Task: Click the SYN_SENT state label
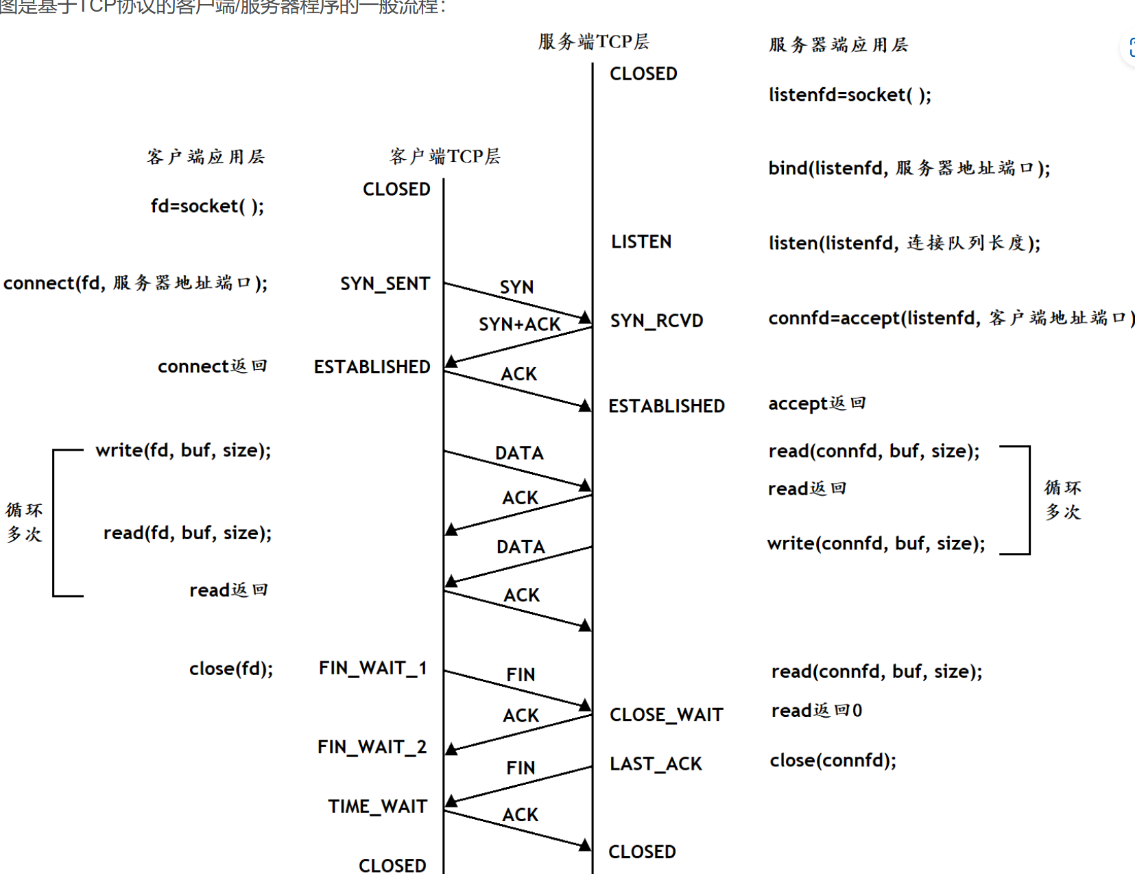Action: click(x=385, y=284)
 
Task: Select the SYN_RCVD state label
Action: click(x=656, y=321)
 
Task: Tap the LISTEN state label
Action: click(x=641, y=242)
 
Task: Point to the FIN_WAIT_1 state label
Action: click(x=372, y=668)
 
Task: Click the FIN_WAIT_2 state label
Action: click(x=372, y=747)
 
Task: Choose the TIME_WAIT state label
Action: click(x=377, y=807)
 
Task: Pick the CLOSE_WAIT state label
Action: click(x=666, y=715)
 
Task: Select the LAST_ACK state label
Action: click(x=656, y=764)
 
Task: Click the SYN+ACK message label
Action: click(x=519, y=324)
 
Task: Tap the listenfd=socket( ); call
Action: click(x=850, y=95)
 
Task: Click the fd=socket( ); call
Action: click(x=207, y=206)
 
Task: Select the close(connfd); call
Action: click(x=833, y=760)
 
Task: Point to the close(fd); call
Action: click(x=231, y=669)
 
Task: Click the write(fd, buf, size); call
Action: click(x=183, y=451)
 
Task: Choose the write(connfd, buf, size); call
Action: click(x=876, y=544)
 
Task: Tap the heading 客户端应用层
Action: click(x=205, y=157)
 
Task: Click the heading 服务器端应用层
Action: click(x=838, y=45)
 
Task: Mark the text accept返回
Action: click(x=817, y=403)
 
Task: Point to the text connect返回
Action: click(x=212, y=366)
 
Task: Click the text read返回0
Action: click(x=816, y=711)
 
